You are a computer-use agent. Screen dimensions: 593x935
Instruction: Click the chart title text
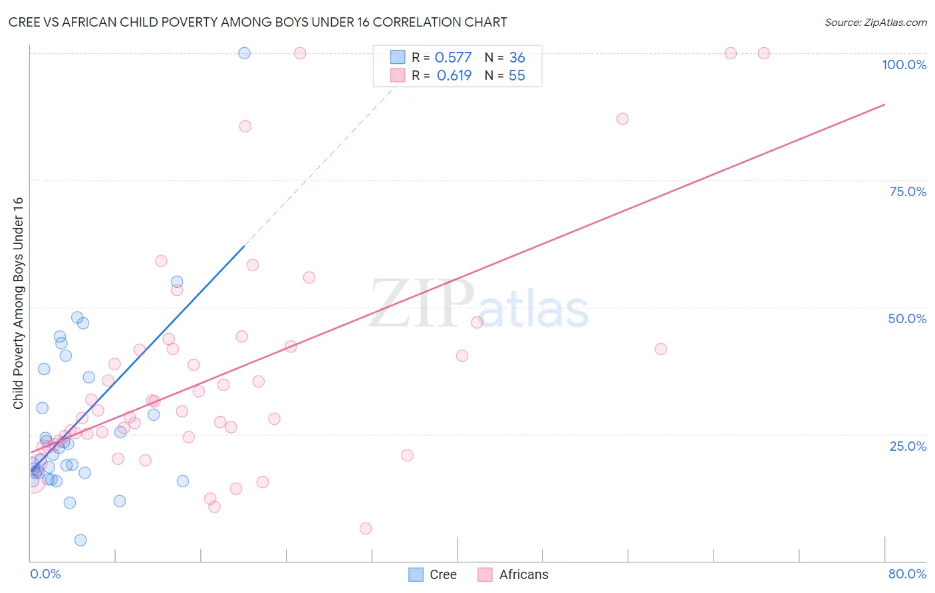tap(257, 22)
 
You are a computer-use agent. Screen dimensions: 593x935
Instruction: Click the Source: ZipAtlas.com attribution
tap(875, 23)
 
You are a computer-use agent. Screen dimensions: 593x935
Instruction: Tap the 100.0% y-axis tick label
tap(904, 64)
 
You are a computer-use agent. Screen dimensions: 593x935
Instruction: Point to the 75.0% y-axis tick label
tap(908, 191)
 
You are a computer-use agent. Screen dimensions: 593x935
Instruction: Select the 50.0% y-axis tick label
tap(907, 318)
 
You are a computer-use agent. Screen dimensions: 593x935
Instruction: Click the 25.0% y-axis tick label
tap(908, 446)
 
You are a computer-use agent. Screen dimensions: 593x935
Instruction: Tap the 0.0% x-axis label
tap(45, 574)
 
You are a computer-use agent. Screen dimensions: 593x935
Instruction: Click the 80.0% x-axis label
tap(907, 574)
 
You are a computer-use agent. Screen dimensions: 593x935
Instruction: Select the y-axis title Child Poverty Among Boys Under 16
tap(18, 303)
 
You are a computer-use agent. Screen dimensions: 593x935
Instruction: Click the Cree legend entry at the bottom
tap(433, 574)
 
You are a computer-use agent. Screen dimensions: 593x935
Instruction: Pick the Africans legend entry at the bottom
tap(513, 574)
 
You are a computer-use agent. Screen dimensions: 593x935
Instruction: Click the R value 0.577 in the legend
tap(453, 58)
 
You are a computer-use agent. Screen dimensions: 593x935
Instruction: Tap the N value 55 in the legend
tap(517, 76)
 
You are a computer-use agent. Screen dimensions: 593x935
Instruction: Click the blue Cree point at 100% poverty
tap(244, 53)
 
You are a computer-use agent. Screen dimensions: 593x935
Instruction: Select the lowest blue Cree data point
tap(80, 540)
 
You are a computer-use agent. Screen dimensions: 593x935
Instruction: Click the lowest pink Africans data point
tap(365, 529)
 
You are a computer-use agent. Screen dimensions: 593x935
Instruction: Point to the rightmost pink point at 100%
tap(763, 53)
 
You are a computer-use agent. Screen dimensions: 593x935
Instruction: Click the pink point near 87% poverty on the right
tap(622, 119)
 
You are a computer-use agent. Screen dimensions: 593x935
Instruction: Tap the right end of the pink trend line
tap(884, 104)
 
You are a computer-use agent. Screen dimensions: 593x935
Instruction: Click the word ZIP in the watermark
tap(421, 303)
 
